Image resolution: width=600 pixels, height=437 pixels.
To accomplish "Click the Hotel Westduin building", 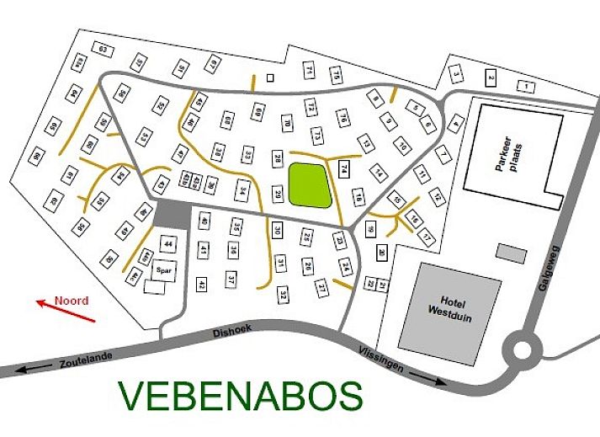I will [x=441, y=306].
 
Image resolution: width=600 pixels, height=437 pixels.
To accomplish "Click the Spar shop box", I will [x=164, y=270].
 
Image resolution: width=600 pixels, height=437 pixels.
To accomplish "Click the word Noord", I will [x=72, y=299].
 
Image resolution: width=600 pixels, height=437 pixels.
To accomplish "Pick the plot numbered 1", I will [x=527, y=87].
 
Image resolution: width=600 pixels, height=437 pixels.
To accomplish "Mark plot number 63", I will [x=104, y=50].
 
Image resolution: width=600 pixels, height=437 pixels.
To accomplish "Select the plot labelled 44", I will [x=169, y=244].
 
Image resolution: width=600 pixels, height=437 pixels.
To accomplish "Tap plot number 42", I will [x=202, y=285].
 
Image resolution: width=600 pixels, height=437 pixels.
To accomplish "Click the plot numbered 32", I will [x=284, y=294].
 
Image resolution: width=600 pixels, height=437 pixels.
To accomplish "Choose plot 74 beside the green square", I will [x=344, y=168].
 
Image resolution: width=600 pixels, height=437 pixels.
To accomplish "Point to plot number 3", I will [x=456, y=75].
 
